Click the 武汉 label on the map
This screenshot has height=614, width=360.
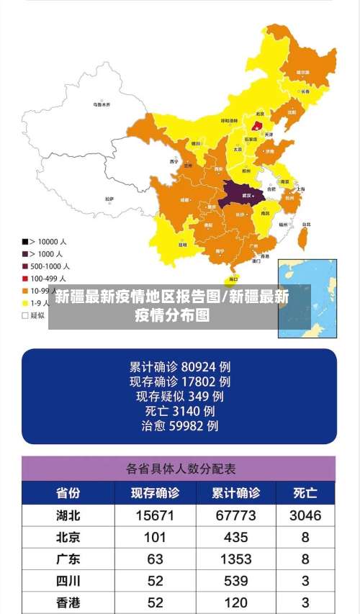click(247, 196)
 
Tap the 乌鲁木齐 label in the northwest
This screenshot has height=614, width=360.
click(102, 104)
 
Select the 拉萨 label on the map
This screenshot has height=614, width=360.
click(109, 198)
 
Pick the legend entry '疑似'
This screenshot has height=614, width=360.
click(35, 315)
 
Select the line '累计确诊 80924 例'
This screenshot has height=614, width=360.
click(179, 366)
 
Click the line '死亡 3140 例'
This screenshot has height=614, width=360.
click(179, 411)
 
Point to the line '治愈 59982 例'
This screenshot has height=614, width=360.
click(179, 426)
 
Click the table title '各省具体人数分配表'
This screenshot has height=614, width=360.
click(180, 469)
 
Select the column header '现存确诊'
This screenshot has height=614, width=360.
click(155, 493)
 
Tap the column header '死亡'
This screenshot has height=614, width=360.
click(305, 493)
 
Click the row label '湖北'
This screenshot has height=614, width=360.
click(68, 515)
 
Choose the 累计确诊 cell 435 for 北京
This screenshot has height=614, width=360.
click(235, 537)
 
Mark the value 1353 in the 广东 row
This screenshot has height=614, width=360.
click(235, 559)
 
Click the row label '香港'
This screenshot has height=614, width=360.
click(68, 602)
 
